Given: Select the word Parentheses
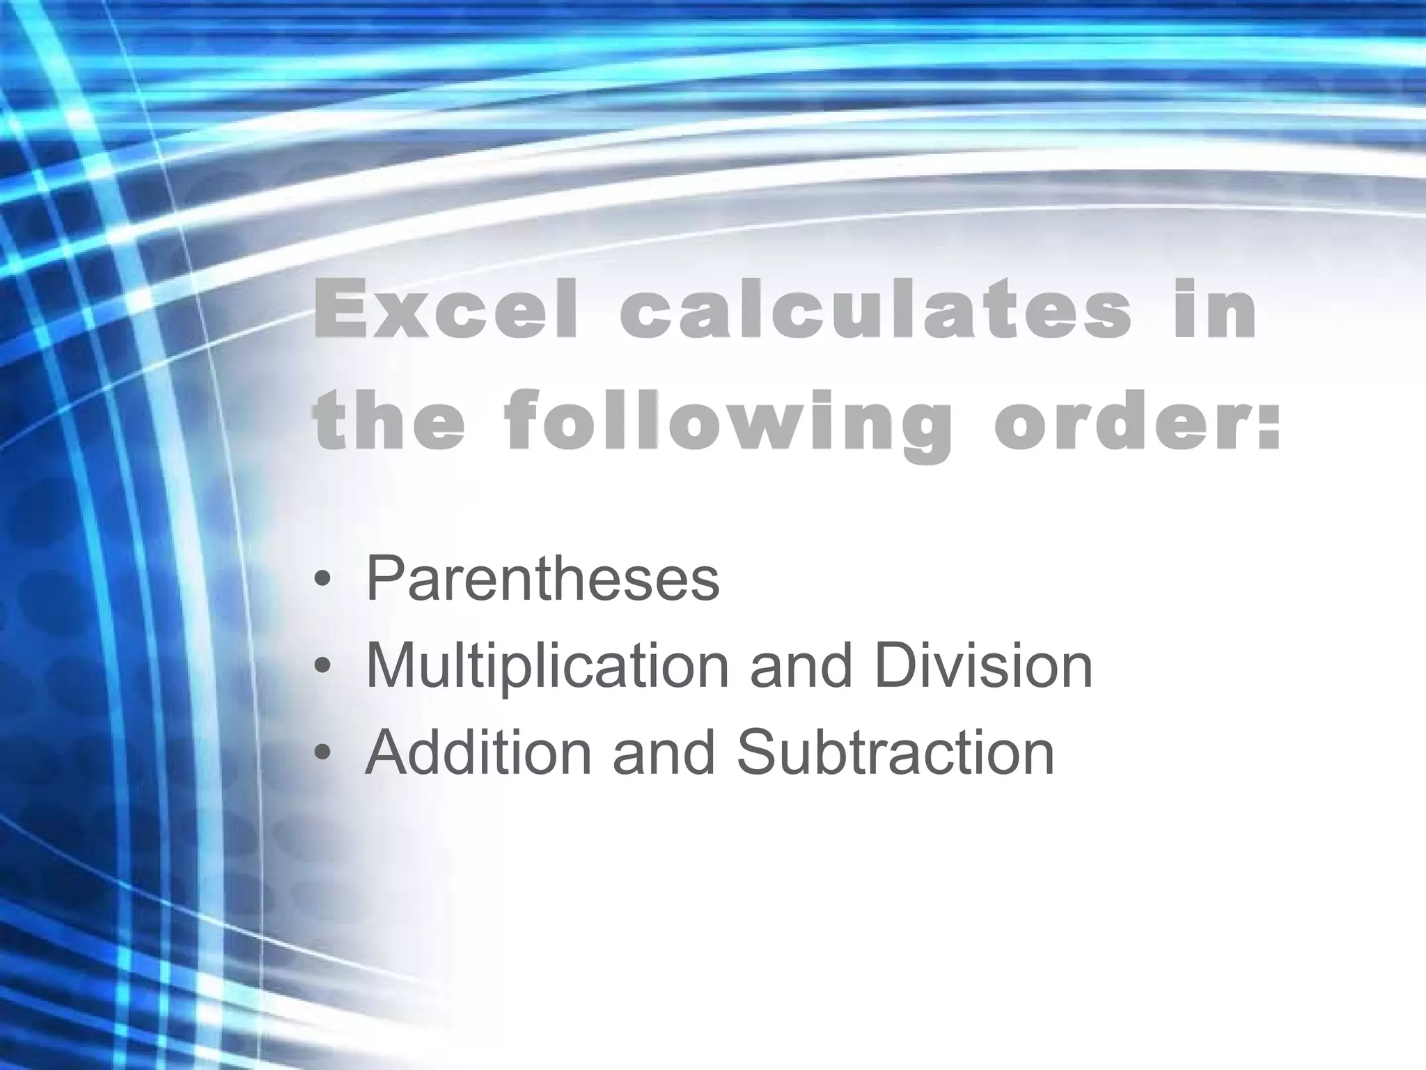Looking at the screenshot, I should pos(542,578).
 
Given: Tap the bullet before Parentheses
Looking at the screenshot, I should pos(321,581).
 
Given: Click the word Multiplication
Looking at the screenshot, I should pos(547,667).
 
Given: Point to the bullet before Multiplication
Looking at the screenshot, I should pos(321,668).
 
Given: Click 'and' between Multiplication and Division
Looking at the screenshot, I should pos(801,665).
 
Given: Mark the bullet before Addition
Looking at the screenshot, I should pos(321,755).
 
